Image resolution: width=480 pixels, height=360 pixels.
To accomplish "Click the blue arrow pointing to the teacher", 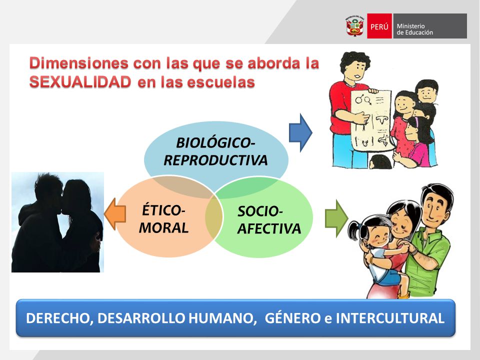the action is coord(300,133).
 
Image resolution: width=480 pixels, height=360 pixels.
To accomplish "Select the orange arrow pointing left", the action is coord(115,214).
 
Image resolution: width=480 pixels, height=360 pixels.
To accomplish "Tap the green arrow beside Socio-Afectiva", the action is coord(336,218).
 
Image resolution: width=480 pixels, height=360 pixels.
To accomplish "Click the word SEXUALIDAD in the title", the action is coord(80,82).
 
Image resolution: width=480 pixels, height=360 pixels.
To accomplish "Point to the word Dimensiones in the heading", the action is coord(78,63).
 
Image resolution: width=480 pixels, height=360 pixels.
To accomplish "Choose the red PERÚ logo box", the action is coord(379,26).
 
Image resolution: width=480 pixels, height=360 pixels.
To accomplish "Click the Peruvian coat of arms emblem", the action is coord(355,26).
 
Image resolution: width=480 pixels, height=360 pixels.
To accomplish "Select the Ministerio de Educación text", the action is coord(415,29).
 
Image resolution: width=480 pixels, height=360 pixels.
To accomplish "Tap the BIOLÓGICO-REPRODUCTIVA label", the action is coord(215,151).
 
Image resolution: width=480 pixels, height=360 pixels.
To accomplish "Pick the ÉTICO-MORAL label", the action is coord(163,219).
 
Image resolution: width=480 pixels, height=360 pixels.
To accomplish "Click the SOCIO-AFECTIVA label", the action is coord(269,220).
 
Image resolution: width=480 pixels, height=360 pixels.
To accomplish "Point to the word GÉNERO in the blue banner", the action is coord(292,318).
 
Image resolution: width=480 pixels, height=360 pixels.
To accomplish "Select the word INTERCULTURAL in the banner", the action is coord(390,318).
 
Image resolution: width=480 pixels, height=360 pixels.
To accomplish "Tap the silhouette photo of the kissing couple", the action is coord(57,222).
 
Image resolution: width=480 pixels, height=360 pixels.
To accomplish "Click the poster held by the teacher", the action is coord(371,120).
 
